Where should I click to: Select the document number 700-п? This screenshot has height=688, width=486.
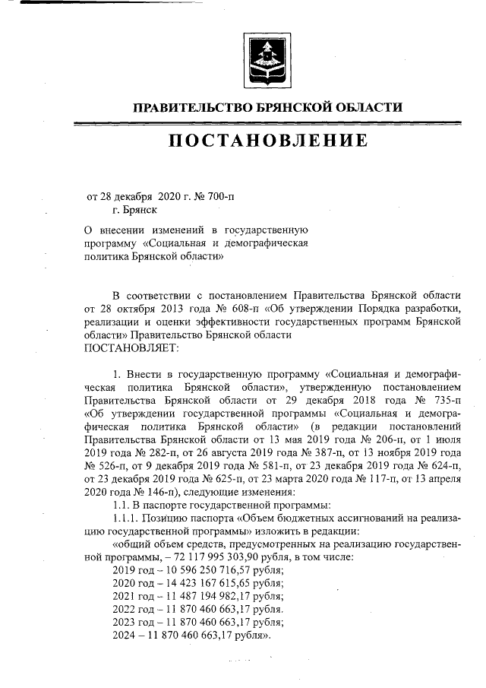220,195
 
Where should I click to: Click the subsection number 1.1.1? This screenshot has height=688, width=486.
128,518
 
